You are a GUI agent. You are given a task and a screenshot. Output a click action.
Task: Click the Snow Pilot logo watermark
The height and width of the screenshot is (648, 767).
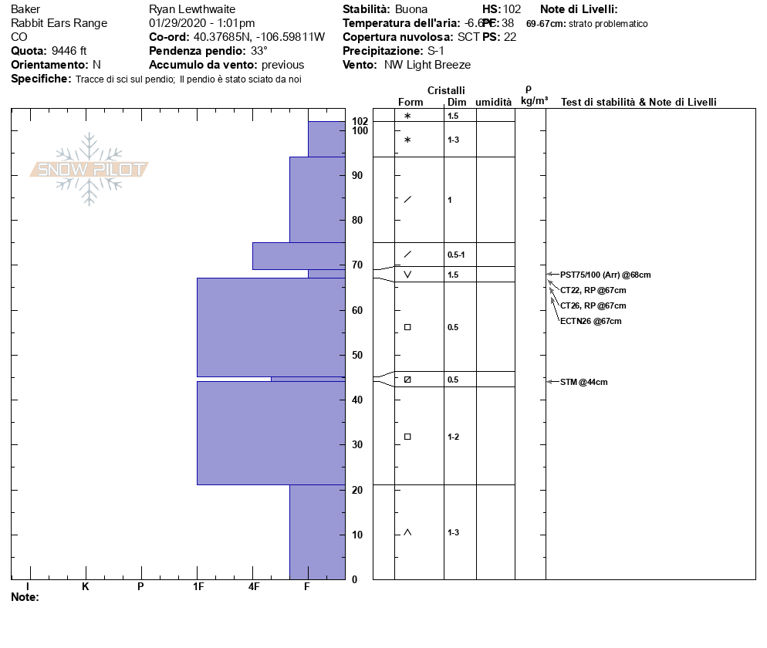point(90,169)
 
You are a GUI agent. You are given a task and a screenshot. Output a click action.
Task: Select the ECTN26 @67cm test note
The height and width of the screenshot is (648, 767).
point(590,321)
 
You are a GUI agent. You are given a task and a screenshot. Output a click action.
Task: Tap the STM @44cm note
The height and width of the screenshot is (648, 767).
point(583,382)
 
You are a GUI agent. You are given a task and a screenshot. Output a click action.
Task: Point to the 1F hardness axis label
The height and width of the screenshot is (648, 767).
point(198,587)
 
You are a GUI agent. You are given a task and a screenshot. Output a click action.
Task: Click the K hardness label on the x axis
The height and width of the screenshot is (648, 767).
point(86,587)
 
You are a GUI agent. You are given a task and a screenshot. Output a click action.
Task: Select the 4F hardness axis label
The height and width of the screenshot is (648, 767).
point(254,587)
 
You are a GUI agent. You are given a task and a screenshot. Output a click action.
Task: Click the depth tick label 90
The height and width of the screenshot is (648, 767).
point(357,176)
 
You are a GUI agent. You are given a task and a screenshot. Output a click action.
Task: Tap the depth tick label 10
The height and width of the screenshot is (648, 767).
point(357,535)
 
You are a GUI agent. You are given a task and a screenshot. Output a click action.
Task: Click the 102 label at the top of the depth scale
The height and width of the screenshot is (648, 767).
point(360,121)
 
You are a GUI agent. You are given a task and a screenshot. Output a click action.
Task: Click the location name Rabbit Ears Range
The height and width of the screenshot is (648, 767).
point(59,23)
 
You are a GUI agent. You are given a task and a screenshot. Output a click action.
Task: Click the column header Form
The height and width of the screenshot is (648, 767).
point(411,102)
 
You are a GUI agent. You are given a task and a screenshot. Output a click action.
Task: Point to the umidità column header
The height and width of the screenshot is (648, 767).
point(493,102)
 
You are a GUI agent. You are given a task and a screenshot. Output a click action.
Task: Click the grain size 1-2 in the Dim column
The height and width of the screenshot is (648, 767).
point(454,437)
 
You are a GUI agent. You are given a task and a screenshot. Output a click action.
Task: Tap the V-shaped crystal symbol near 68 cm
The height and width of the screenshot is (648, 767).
point(407,275)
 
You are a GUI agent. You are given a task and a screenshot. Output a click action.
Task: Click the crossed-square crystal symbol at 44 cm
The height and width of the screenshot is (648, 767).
point(407,380)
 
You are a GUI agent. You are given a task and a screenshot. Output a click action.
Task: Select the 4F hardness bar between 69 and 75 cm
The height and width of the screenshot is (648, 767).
point(298,256)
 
